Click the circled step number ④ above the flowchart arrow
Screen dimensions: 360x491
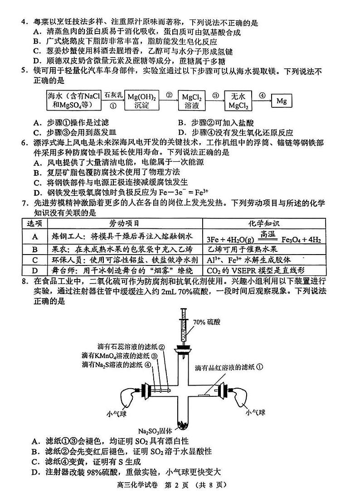pyautogui.click(x=262, y=95)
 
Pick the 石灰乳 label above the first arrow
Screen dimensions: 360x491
pyautogui.click(x=113, y=95)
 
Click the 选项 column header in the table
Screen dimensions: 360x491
pyautogui.click(x=34, y=223)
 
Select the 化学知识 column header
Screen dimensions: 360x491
pyautogui.click(x=264, y=223)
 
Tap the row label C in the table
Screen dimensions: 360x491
pyautogui.click(x=34, y=260)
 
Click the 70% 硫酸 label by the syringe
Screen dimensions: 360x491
pyautogui.click(x=206, y=322)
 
